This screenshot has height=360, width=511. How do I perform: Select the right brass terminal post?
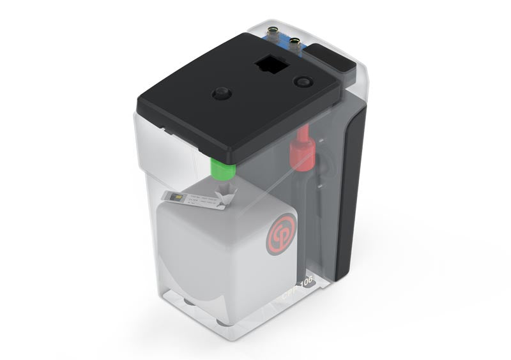[x=295, y=41]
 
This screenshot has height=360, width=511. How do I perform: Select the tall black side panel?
[x=350, y=191]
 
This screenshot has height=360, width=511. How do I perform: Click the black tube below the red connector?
[x=316, y=211]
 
